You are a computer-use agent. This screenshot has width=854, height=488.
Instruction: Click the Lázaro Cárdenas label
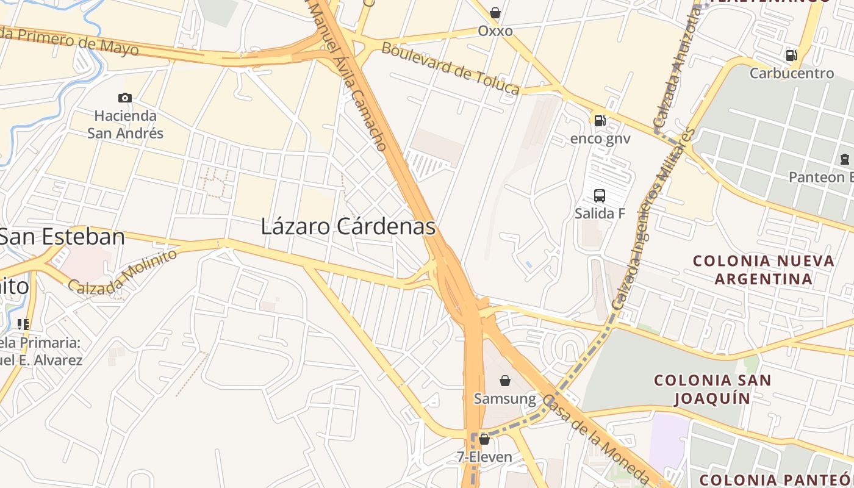click(x=348, y=227)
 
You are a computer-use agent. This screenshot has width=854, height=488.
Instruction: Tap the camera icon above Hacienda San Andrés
click(x=125, y=98)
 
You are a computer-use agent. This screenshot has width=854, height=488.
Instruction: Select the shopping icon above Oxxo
click(x=495, y=13)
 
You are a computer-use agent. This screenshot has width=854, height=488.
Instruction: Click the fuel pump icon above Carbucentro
click(x=791, y=56)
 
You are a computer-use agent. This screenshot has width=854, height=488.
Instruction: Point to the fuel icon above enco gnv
click(x=600, y=121)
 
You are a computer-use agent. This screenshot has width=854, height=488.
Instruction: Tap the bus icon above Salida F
click(x=600, y=196)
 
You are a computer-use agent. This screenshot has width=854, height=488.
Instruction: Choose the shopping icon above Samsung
click(x=505, y=381)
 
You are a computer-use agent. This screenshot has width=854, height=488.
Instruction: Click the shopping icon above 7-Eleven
click(x=484, y=439)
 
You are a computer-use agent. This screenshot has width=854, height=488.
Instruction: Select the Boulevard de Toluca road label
click(x=451, y=68)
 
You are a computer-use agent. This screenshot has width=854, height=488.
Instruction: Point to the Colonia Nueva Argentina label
click(x=764, y=270)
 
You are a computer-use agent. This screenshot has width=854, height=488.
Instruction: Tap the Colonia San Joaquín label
click(x=712, y=389)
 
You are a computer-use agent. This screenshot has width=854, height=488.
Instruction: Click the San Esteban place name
click(x=62, y=237)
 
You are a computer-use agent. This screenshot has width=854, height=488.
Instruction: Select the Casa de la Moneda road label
click(x=595, y=437)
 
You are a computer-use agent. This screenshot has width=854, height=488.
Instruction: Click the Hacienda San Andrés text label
click(x=125, y=124)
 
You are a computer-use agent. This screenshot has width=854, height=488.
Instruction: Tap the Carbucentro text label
click(x=791, y=73)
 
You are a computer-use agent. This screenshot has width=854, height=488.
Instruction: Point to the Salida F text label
click(x=600, y=213)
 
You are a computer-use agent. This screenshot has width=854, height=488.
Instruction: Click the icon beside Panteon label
click(x=845, y=159)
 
